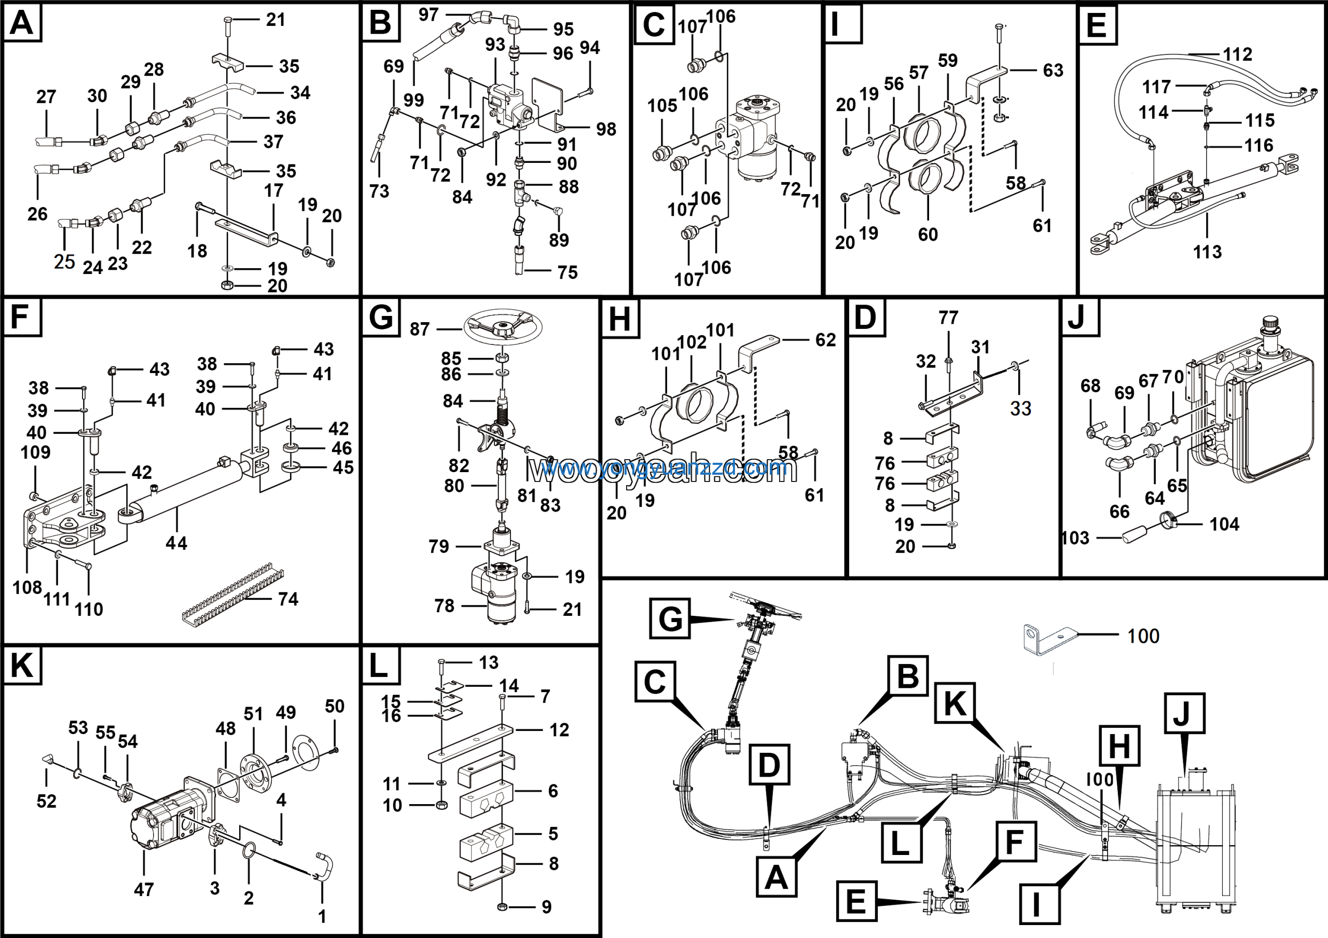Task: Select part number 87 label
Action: (419, 329)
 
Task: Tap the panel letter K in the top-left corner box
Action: (22, 666)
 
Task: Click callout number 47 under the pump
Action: (144, 889)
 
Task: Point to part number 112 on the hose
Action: (1237, 54)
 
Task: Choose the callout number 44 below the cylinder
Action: (176, 543)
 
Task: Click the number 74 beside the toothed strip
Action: (288, 599)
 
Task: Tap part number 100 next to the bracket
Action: (1143, 636)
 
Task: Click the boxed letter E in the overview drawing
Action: (856, 901)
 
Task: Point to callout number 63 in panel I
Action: (1053, 71)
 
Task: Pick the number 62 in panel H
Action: (825, 340)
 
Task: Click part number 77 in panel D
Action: (948, 318)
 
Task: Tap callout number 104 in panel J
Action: (1224, 525)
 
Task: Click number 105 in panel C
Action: (662, 106)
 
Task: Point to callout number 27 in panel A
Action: (46, 96)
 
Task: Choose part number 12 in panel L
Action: (559, 730)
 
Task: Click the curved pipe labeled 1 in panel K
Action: (324, 867)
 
